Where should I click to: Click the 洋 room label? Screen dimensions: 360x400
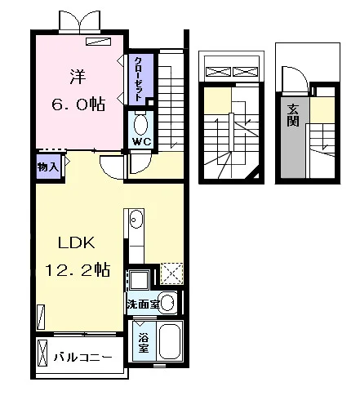click(78, 77)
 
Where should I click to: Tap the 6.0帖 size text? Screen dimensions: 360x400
click(78, 104)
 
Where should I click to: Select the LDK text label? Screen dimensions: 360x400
click(77, 242)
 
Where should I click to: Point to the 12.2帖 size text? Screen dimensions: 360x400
click(78, 270)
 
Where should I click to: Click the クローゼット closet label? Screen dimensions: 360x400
click(139, 79)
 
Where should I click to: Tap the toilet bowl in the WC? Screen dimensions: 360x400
click(140, 125)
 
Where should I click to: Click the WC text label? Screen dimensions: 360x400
click(142, 142)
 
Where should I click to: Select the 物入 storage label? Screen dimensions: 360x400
click(48, 167)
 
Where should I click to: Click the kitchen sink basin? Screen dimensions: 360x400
click(136, 219)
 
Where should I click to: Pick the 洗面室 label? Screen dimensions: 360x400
click(143, 304)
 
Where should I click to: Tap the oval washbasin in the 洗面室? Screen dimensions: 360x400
click(168, 302)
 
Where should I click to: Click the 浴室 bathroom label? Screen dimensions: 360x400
click(144, 343)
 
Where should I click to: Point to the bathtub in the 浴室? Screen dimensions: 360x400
click(170, 341)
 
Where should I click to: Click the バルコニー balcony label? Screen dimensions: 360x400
click(82, 357)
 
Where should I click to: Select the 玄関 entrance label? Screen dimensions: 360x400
click(293, 115)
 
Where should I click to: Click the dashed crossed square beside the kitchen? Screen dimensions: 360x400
click(171, 273)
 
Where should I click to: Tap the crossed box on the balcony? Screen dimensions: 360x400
click(42, 353)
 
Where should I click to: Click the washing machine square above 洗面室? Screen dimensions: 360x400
click(140, 280)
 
